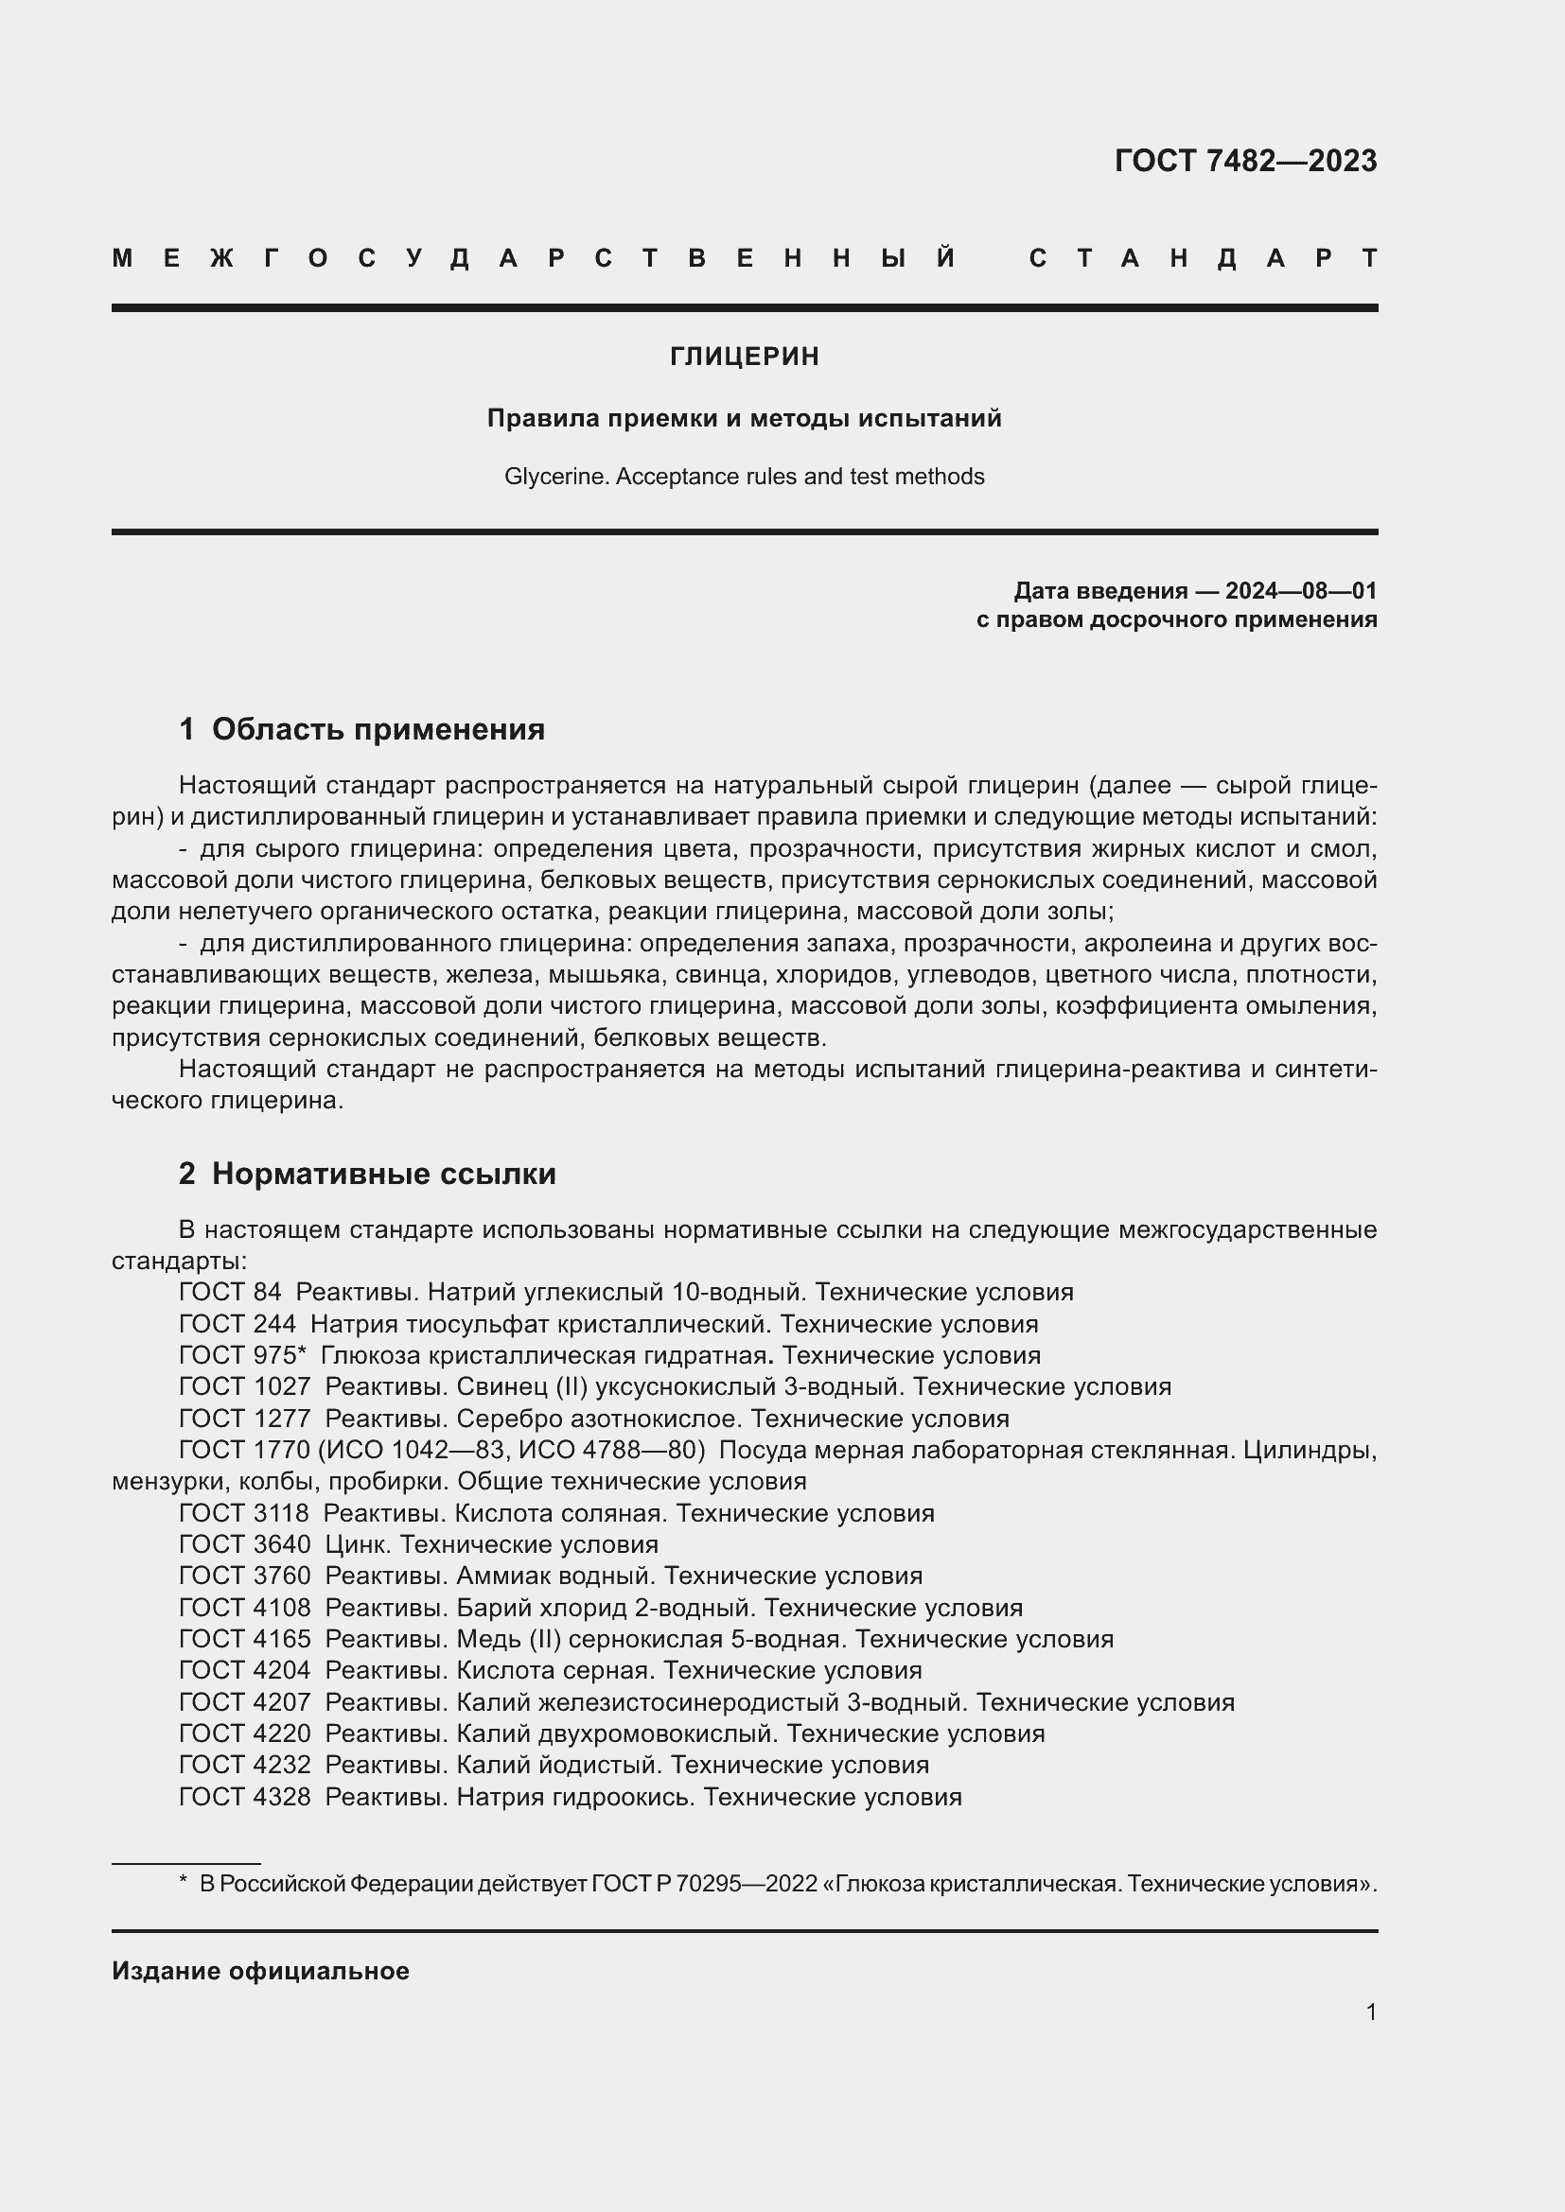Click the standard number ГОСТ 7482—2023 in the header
click(1245, 161)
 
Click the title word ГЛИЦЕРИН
click(744, 357)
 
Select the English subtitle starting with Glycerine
click(744, 477)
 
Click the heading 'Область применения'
click(378, 729)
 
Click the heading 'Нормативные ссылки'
click(383, 1174)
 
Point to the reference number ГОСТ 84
click(230, 1292)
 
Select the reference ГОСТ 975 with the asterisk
click(242, 1355)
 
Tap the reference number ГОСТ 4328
click(245, 1797)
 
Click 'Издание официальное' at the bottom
click(260, 1971)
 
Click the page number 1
click(1370, 2012)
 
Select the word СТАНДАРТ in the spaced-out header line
click(1203, 258)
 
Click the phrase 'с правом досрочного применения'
click(1176, 619)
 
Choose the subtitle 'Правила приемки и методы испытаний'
click(744, 418)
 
